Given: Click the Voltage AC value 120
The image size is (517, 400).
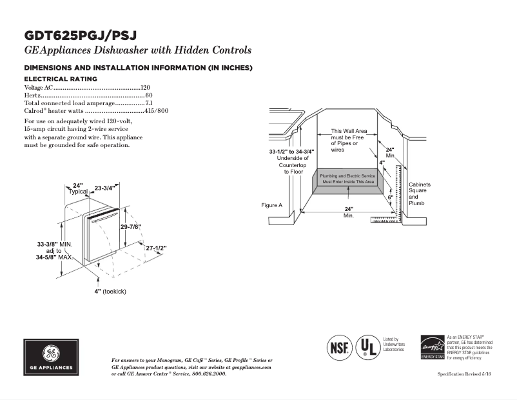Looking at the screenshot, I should (145, 87).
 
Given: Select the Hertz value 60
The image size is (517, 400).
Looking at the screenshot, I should (148, 95).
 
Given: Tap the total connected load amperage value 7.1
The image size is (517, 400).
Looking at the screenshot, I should (148, 103).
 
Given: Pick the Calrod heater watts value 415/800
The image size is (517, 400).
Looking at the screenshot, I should (156, 110).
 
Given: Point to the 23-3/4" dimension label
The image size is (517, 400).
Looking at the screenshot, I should (104, 188).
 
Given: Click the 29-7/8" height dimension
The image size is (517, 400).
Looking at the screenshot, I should (131, 227).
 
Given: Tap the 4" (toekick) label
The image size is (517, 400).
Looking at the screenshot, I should (110, 292).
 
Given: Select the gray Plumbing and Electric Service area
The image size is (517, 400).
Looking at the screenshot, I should (347, 180).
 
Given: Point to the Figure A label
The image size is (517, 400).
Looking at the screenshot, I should (271, 205).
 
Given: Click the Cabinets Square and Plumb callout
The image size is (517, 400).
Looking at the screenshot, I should (419, 194).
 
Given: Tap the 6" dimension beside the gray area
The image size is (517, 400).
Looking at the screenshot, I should (390, 197).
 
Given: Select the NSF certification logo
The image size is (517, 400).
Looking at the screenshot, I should (340, 346).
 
